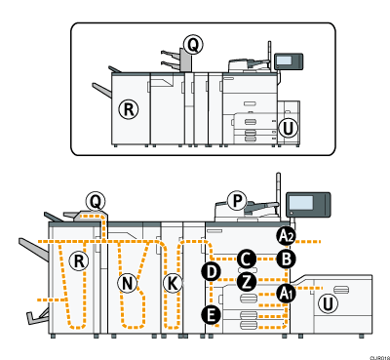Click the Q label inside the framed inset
pos(192,44)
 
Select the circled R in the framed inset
pos(128,108)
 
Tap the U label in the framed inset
pos(287,126)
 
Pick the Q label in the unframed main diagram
pos(95,201)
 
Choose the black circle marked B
pos(285,259)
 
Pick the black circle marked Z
pos(247,281)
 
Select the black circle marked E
pos(210,314)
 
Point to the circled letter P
pos(235,200)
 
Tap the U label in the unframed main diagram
pos(331,303)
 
